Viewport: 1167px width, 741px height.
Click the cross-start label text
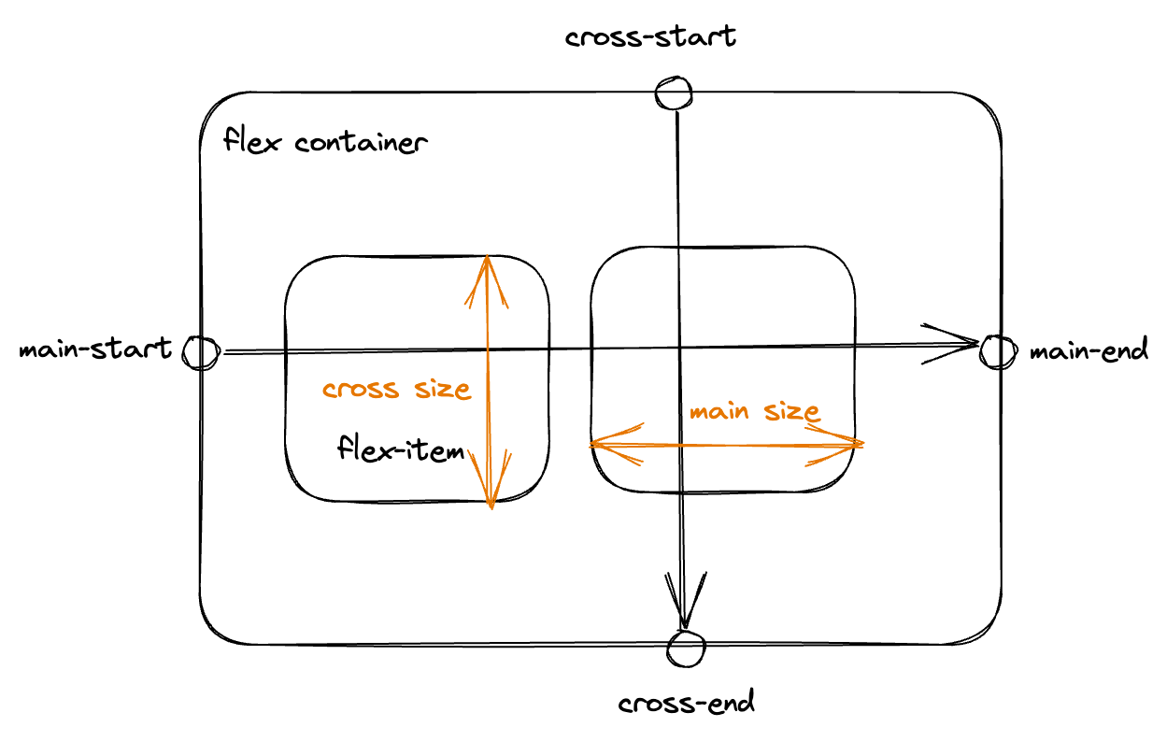coord(650,37)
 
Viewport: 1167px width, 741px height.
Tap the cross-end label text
coord(687,703)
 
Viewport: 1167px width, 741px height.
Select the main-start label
coord(95,349)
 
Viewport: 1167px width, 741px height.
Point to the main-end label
coord(1089,351)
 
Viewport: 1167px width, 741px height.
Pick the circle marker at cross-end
coord(687,647)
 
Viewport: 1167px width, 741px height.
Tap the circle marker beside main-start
coord(200,352)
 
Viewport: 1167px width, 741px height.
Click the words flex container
coord(325,143)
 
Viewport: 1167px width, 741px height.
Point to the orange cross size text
coord(396,389)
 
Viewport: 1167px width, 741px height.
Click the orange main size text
coord(754,411)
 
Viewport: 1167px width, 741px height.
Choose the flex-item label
coord(401,451)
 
